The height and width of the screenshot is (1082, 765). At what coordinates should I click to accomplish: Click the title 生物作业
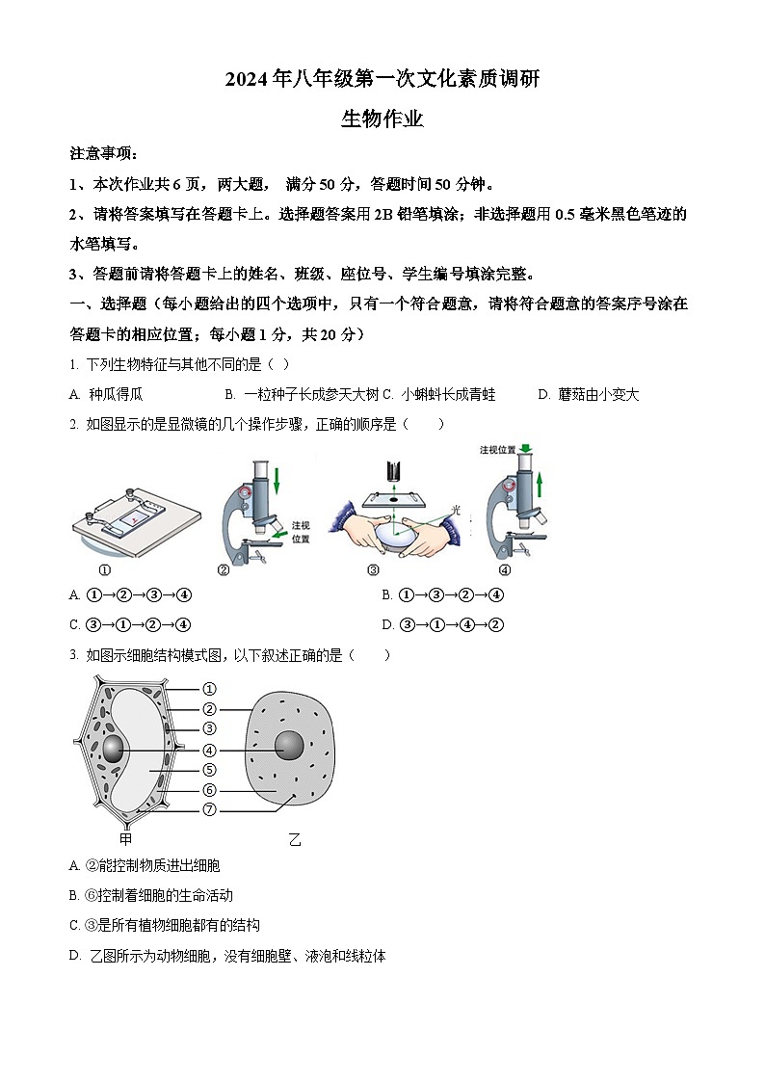382,119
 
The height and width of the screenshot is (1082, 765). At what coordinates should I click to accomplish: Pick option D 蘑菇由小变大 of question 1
589,394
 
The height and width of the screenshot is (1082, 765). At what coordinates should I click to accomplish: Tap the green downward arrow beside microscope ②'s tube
276,481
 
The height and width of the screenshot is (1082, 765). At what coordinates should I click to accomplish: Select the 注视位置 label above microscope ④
497,449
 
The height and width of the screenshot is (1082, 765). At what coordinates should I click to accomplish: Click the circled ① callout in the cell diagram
209,689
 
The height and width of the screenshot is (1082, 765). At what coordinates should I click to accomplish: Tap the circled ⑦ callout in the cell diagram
209,809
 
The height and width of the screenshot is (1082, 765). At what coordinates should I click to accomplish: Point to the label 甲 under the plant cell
125,837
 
